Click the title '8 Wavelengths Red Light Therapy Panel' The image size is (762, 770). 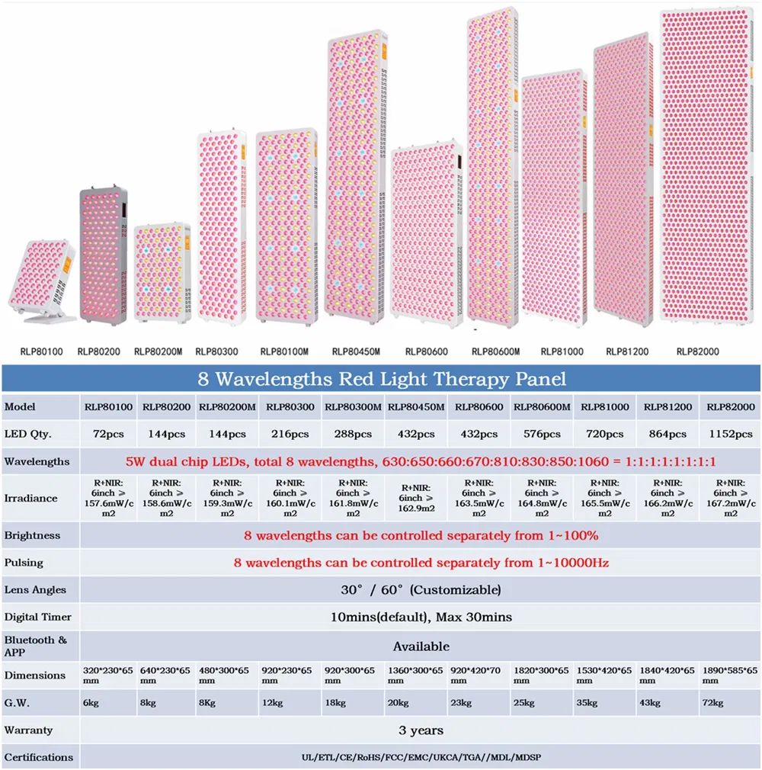pyautogui.click(x=381, y=379)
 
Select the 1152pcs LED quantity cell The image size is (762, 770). pyautogui.click(x=730, y=434)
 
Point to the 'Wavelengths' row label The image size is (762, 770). pyautogui.click(x=37, y=461)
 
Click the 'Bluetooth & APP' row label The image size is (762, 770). pyautogui.click(x=36, y=646)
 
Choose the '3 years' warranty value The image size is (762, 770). pyautogui.click(x=420, y=730)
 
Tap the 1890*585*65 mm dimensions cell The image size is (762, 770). pyautogui.click(x=730, y=675)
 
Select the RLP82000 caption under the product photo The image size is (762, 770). pyautogui.click(x=697, y=351)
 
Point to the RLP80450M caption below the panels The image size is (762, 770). pyautogui.click(x=356, y=351)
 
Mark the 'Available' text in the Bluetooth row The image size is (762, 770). pyautogui.click(x=421, y=646)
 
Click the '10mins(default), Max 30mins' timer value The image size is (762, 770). pyautogui.click(x=421, y=617)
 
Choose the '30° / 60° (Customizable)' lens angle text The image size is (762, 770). pyautogui.click(x=421, y=589)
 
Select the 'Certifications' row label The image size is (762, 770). pyautogui.click(x=39, y=757)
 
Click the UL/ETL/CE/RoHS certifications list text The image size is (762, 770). pyautogui.click(x=421, y=757)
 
